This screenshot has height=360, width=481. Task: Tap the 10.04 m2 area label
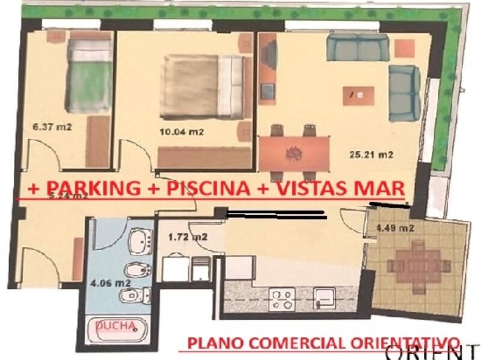point(181,132)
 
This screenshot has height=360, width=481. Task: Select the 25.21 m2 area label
point(371,154)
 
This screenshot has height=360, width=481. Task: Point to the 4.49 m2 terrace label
point(394,228)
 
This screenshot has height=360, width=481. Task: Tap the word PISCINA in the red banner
point(208,188)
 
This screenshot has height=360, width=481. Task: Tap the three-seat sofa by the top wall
point(358,47)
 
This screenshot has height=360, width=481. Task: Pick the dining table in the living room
point(295,151)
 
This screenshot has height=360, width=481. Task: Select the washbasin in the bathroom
point(142,240)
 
